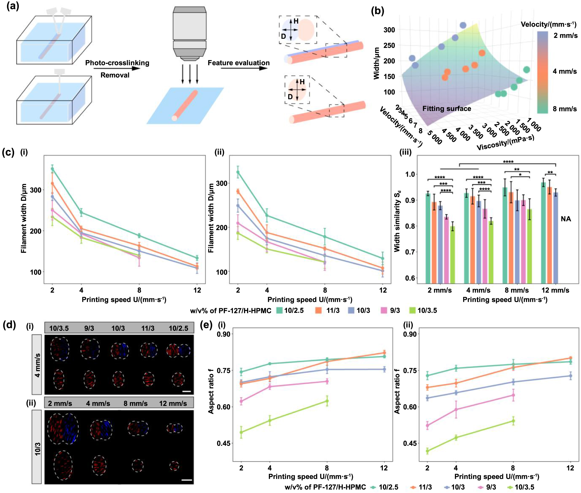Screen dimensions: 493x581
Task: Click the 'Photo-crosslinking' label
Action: point(117,63)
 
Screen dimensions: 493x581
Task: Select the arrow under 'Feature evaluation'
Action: point(244,68)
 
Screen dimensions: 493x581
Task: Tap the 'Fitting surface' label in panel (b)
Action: point(447,109)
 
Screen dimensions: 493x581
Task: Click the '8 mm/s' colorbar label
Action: point(564,109)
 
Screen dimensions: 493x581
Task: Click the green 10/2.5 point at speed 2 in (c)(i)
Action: point(52,169)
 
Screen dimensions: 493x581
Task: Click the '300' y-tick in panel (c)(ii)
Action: point(222,183)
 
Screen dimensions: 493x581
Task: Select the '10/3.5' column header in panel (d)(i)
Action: point(59,328)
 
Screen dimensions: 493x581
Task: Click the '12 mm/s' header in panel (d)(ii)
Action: point(173,404)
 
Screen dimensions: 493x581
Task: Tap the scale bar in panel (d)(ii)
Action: point(186,480)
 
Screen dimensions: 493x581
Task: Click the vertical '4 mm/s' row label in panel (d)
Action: point(37,365)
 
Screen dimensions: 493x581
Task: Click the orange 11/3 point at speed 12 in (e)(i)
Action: point(384,353)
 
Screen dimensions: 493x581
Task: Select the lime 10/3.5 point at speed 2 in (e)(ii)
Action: point(427,451)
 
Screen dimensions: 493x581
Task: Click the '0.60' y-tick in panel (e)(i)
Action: point(223,407)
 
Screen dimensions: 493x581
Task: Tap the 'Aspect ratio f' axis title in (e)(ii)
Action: point(397,391)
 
